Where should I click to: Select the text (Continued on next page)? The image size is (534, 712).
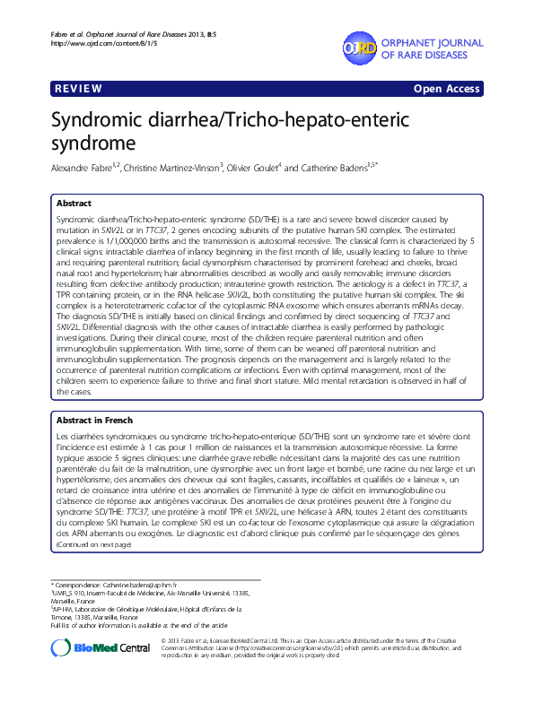92,543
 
